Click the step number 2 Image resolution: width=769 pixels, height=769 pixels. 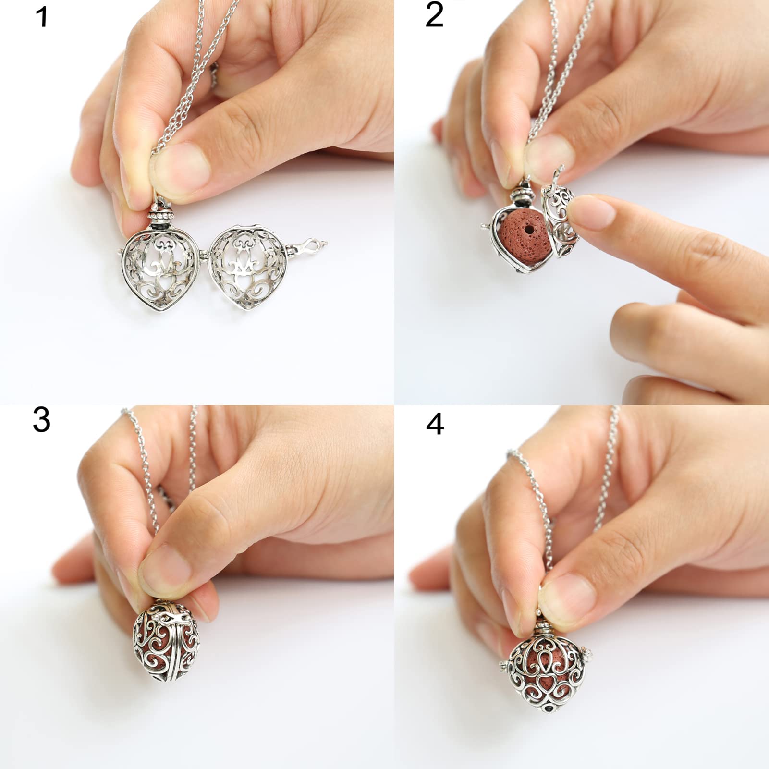point(434,15)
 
